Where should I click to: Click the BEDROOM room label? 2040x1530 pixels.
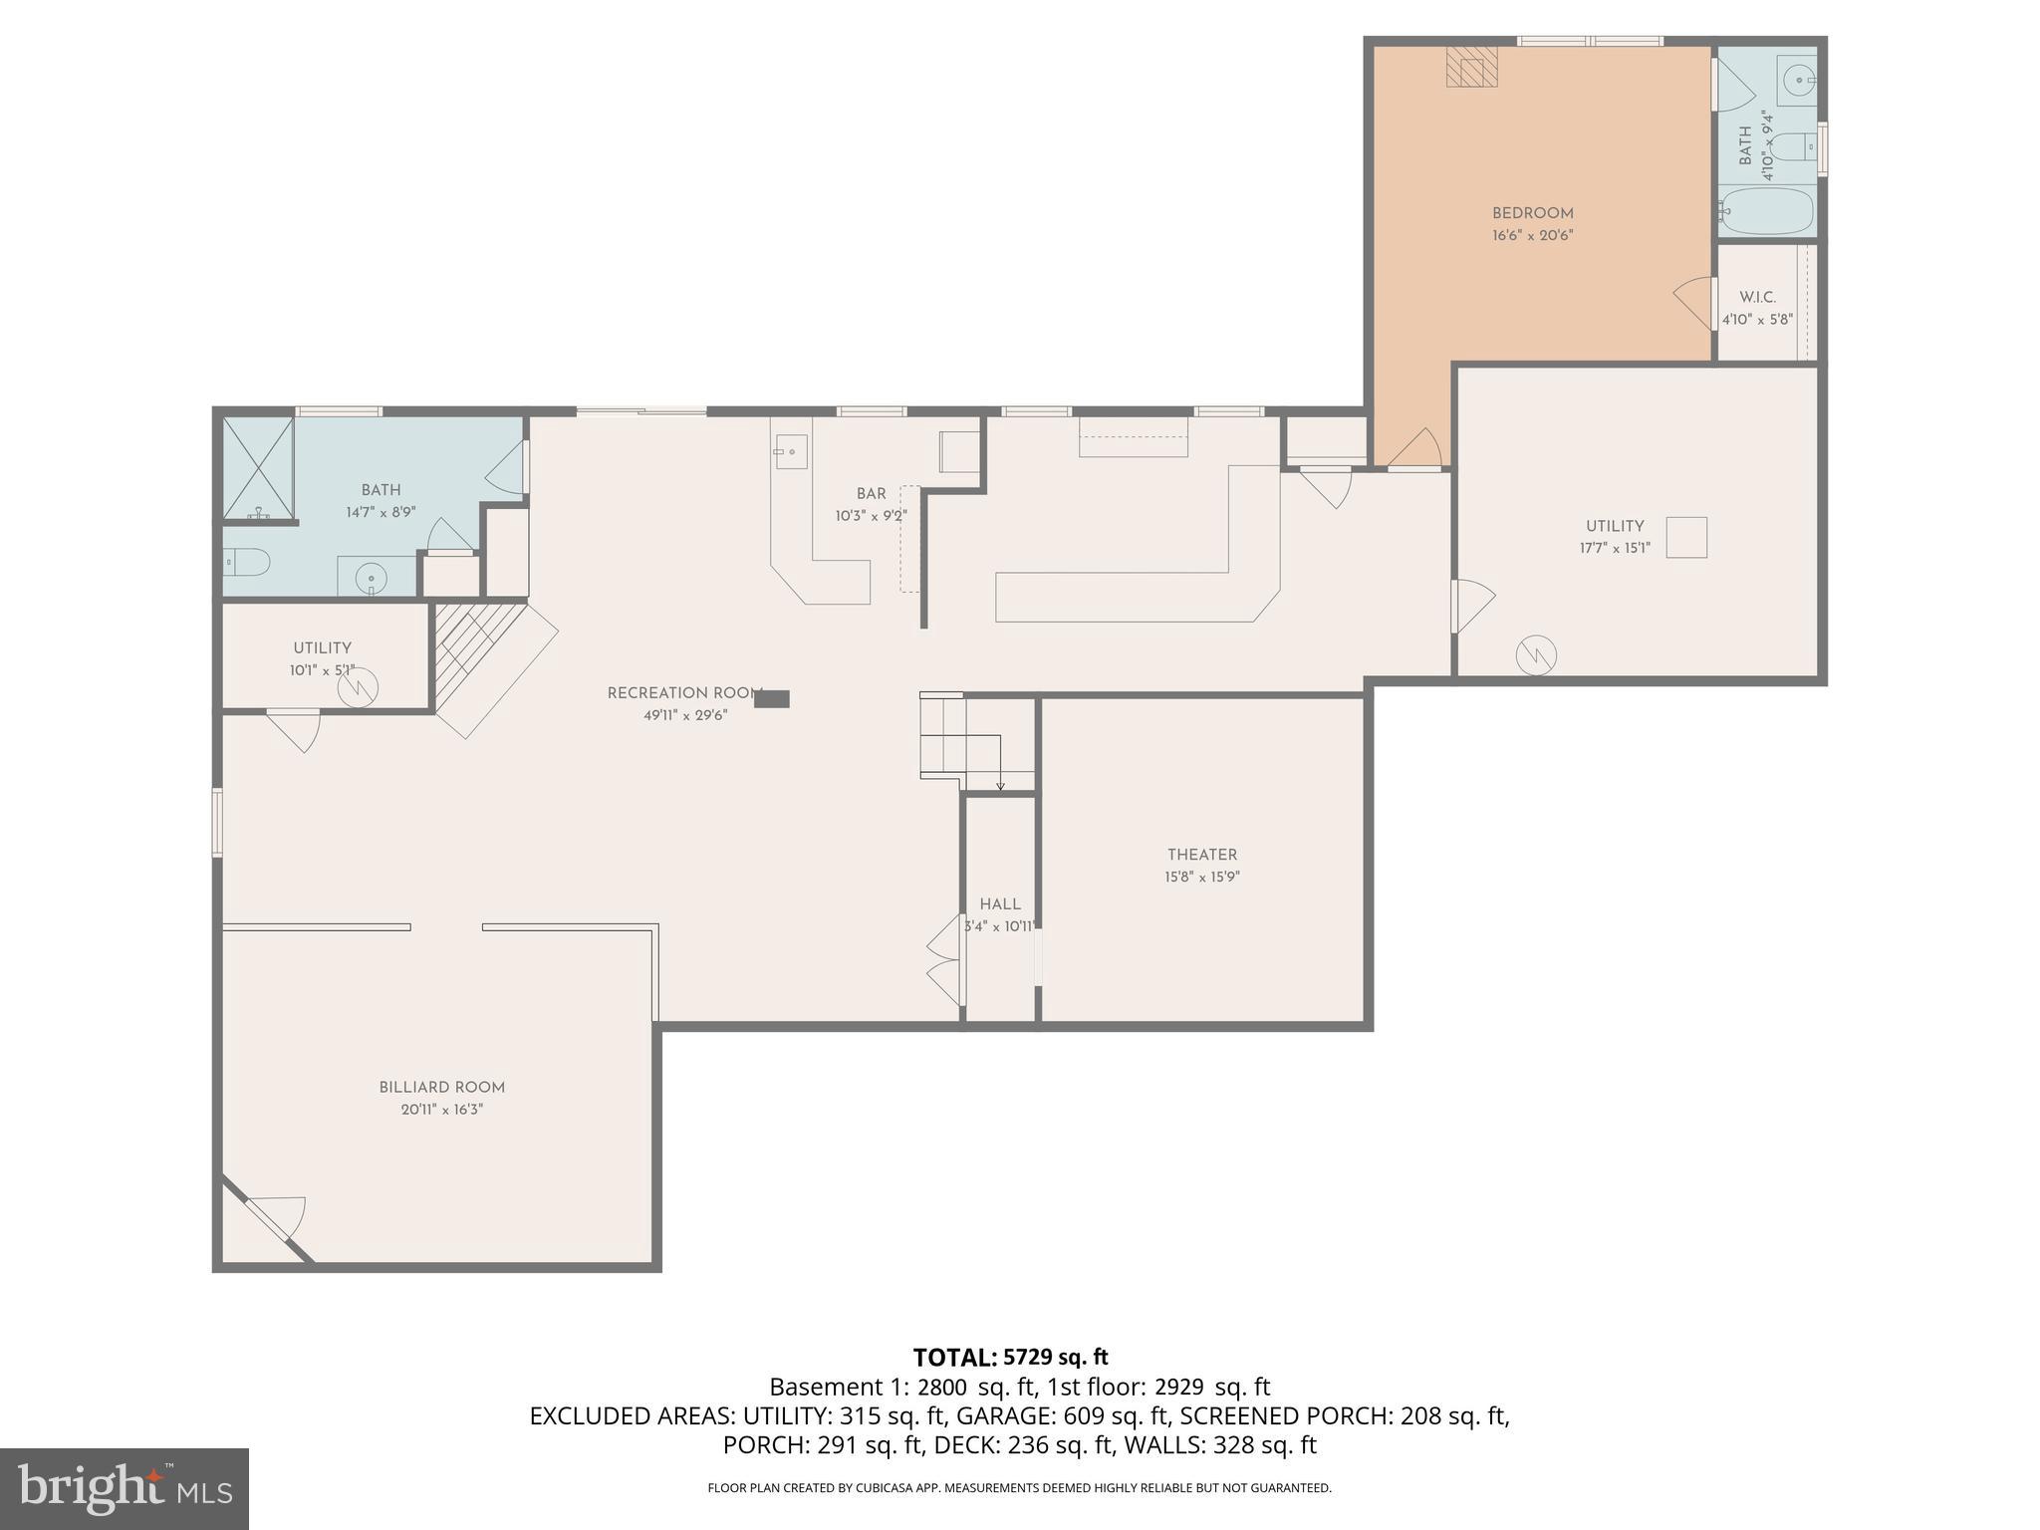click(1532, 213)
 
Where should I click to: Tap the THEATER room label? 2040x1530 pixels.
click(1202, 855)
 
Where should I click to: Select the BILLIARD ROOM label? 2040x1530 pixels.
click(441, 1088)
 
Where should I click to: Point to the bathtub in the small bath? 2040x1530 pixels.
click(1767, 211)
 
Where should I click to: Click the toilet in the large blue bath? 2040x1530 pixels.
click(246, 563)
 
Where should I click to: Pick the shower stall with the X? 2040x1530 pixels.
click(258, 468)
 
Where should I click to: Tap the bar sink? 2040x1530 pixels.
click(791, 451)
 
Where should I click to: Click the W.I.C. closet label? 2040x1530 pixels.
click(1757, 298)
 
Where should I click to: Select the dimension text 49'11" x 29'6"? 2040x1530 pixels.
click(685, 715)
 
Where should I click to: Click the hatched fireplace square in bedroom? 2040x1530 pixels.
click(1472, 68)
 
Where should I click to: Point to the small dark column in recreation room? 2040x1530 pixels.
click(772, 699)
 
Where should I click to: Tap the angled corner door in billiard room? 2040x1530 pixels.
click(267, 1220)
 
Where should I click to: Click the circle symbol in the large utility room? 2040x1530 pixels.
click(1536, 655)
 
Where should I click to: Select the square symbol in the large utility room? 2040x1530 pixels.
click(1686, 537)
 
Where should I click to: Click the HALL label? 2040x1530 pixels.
click(1000, 904)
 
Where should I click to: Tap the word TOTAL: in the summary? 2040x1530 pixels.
click(954, 1358)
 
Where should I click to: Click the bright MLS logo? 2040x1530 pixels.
click(125, 1488)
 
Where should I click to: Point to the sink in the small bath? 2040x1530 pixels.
click(1797, 80)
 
